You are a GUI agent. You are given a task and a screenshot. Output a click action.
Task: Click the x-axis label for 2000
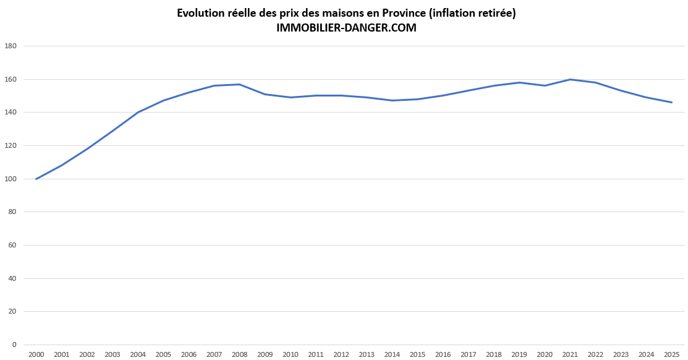coord(36,354)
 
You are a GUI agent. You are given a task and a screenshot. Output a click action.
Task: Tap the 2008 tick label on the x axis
coord(240,354)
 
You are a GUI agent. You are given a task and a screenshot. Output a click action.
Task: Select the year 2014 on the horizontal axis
coord(392,354)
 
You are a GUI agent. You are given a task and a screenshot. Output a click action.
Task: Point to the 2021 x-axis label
coord(570,354)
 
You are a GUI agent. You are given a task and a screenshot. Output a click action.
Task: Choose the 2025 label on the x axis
coord(671,354)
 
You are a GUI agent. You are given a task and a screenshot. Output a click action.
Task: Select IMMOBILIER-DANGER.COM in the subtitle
coord(347,28)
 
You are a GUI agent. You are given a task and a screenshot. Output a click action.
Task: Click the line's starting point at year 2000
coord(36,179)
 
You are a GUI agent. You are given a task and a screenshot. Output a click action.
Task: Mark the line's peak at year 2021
coord(570,79)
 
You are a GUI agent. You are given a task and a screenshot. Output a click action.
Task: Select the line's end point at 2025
coord(671,102)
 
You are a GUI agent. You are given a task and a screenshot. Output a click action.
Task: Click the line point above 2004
coord(138,112)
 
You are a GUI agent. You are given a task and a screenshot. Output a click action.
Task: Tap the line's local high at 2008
coord(240,84)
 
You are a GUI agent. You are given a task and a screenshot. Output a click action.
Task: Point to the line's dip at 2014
coord(392,100)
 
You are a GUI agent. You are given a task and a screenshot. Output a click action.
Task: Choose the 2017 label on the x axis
coord(469,354)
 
